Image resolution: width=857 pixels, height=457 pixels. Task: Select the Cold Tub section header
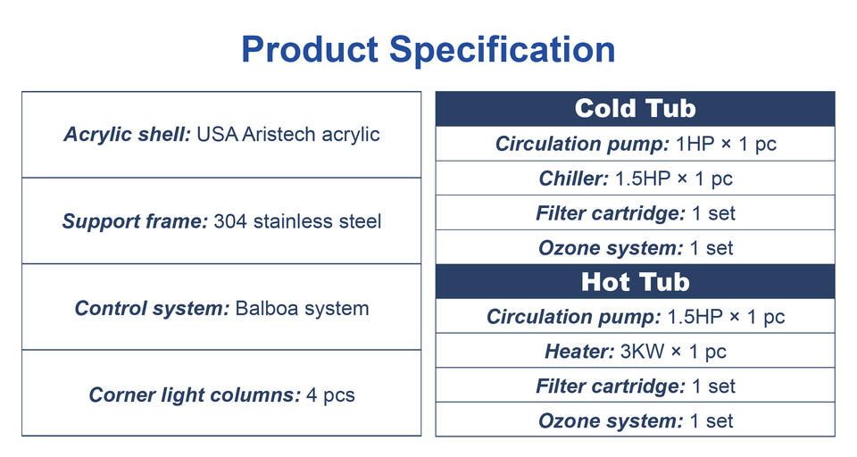pos(635,108)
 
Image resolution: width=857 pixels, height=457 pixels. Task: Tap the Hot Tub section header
pos(635,281)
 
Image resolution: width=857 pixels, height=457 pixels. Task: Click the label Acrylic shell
pos(127,135)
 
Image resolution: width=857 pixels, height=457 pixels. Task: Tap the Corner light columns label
pos(195,395)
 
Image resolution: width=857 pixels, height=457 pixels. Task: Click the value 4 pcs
pos(330,395)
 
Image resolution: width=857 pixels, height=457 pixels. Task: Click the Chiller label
pos(573,179)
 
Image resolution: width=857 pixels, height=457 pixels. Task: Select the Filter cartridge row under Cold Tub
pos(635,213)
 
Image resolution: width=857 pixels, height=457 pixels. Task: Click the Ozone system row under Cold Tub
pos(635,248)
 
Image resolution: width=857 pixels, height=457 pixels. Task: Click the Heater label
pos(579,352)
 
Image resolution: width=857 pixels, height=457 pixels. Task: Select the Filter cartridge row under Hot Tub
pos(635,386)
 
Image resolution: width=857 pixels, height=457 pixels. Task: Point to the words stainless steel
pos(317,221)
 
